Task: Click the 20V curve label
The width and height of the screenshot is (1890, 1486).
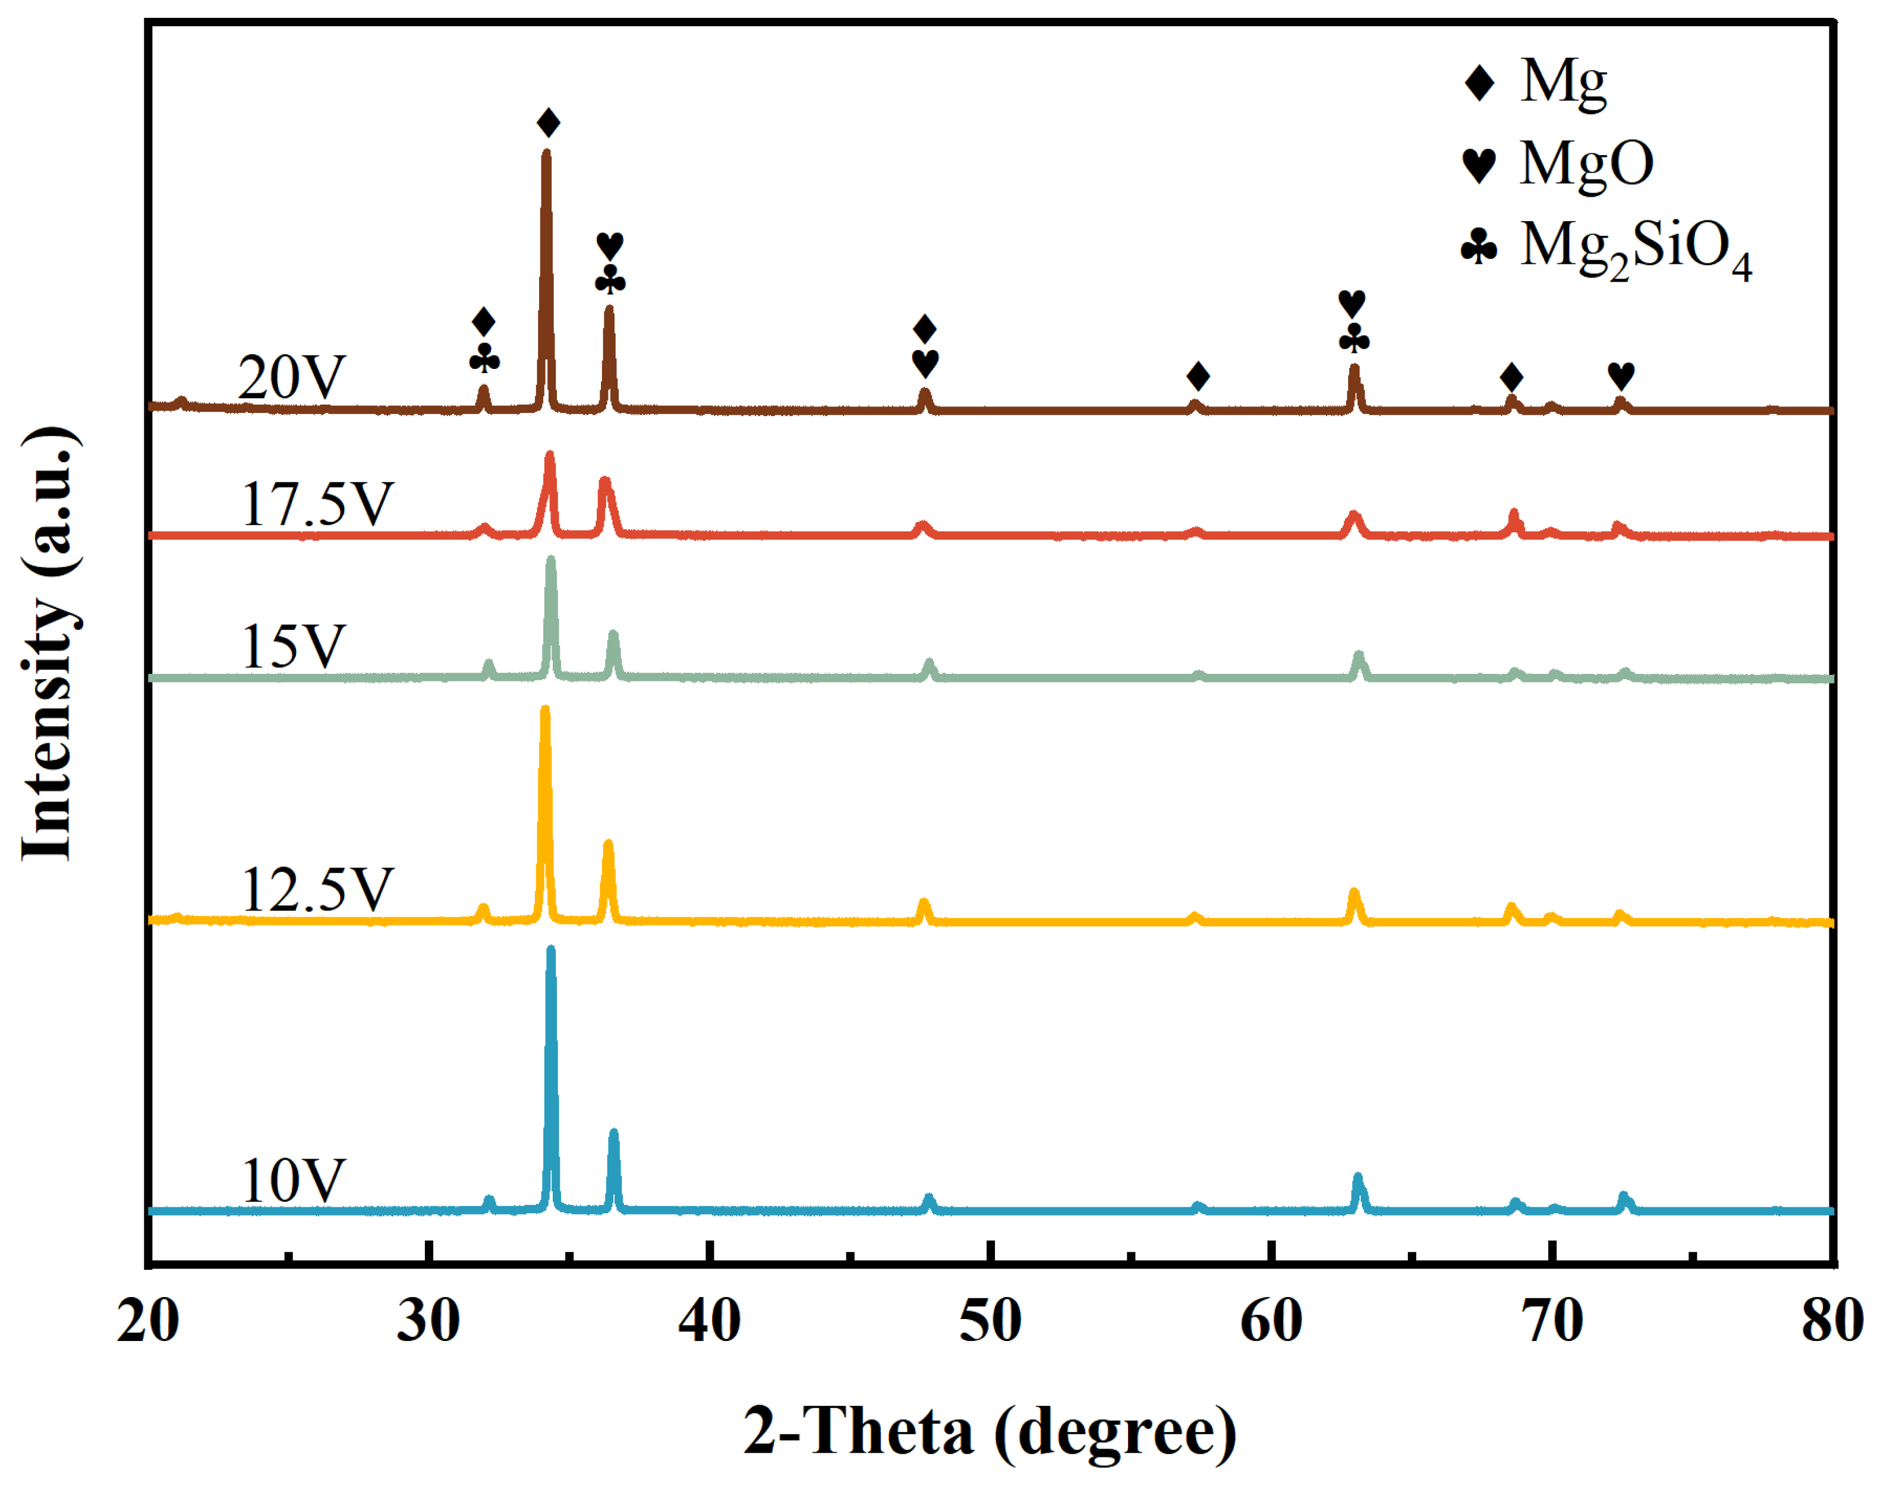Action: click(x=291, y=378)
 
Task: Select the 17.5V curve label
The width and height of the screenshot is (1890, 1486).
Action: click(x=317, y=504)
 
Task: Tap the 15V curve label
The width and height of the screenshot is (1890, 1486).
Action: click(x=293, y=646)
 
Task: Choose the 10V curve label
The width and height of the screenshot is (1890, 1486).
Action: click(x=293, y=1181)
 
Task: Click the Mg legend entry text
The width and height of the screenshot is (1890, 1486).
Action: click(x=1563, y=83)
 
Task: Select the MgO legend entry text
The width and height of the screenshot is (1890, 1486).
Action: click(x=1586, y=163)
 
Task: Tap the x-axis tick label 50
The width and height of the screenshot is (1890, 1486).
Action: click(x=990, y=1321)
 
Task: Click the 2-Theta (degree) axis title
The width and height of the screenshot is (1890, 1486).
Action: click(x=990, y=1431)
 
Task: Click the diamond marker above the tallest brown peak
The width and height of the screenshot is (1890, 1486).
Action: click(x=548, y=122)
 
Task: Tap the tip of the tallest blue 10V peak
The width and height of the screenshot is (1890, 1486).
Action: click(x=550, y=951)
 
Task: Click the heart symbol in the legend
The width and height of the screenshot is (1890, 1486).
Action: click(x=1479, y=163)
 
